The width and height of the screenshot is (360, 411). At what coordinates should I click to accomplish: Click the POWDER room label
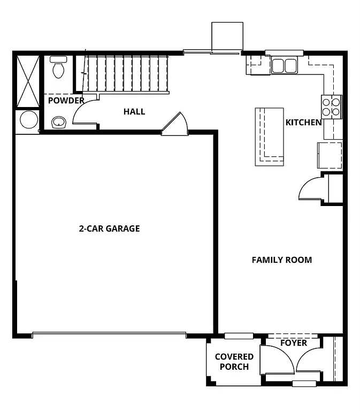click(x=66, y=101)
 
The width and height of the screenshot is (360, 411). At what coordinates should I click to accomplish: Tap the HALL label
click(x=134, y=111)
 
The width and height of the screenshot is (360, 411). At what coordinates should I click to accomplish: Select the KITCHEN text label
click(x=303, y=123)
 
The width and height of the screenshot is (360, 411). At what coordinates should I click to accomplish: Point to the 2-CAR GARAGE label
click(x=109, y=229)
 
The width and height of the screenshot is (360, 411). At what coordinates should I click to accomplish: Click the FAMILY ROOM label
click(x=281, y=260)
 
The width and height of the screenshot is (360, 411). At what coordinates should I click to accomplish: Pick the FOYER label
click(x=294, y=342)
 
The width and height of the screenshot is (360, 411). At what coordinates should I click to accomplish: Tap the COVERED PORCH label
click(x=234, y=362)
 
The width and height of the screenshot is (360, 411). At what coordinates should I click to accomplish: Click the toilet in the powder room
click(x=58, y=68)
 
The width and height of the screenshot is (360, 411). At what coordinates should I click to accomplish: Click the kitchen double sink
click(x=284, y=65)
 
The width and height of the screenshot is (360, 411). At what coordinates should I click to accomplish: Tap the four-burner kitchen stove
click(x=332, y=106)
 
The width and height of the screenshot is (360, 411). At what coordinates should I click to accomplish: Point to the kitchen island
click(x=269, y=136)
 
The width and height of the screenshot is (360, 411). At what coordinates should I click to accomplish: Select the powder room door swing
click(x=85, y=111)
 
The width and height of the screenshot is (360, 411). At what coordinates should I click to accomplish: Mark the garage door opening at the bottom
click(x=110, y=335)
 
